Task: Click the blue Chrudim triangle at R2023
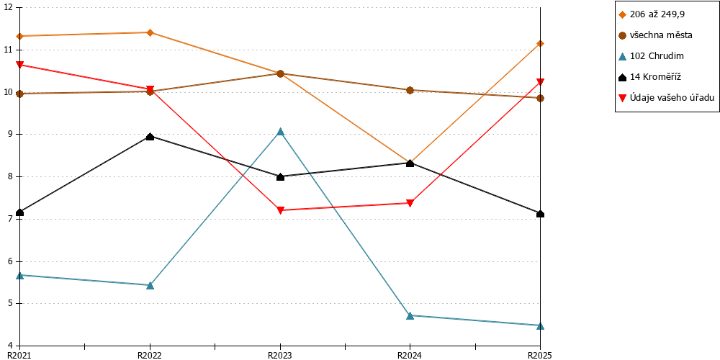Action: [x=281, y=132]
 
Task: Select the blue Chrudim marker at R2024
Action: [x=410, y=315]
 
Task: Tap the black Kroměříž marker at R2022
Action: [x=150, y=136]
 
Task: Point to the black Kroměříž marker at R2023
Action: [x=281, y=177]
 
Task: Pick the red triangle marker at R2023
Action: [x=281, y=210]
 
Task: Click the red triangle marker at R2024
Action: [x=410, y=203]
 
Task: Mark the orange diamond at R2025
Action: [x=541, y=44]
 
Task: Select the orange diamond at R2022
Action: [x=150, y=32]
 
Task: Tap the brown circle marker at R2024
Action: [x=410, y=91]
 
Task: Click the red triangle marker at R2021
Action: [x=19, y=65]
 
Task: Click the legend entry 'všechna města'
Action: [x=655, y=35]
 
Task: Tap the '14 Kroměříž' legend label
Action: [x=649, y=77]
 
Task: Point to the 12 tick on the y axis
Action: [x=10, y=8]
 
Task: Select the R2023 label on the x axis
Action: [x=280, y=355]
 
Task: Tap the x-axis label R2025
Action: [x=539, y=355]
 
